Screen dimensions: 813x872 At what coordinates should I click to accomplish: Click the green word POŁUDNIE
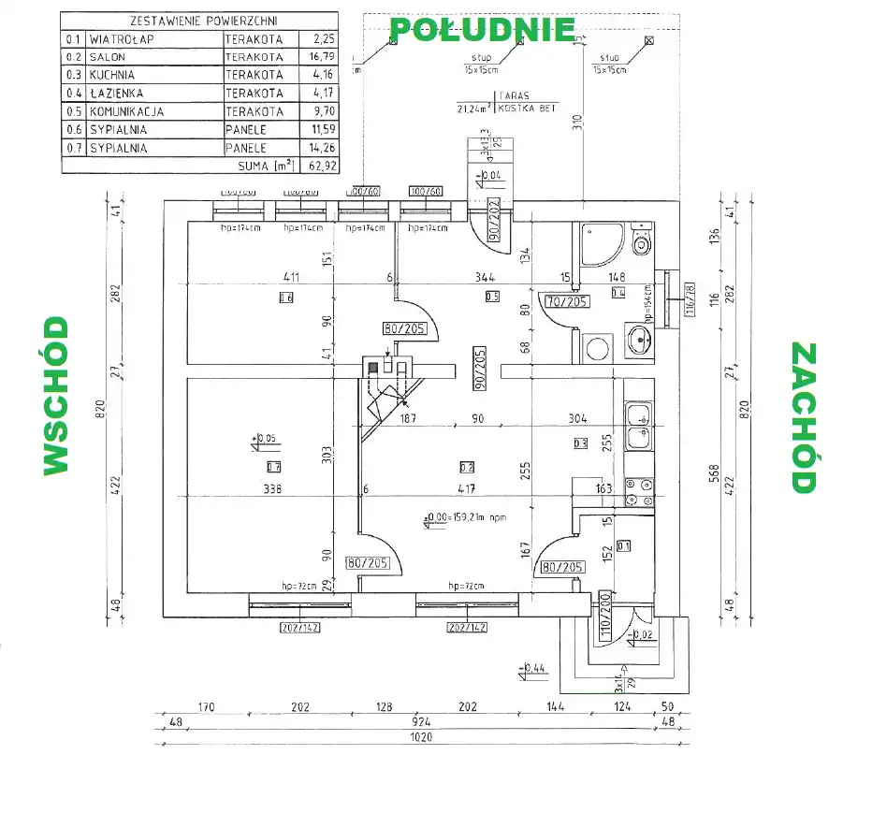[481, 29]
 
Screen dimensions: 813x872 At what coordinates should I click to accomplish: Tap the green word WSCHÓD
[55, 396]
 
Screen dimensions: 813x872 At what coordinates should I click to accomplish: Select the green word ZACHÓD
[804, 417]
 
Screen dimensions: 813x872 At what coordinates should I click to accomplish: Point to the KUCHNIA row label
[113, 75]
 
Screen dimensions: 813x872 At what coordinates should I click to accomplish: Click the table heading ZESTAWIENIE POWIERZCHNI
[198, 21]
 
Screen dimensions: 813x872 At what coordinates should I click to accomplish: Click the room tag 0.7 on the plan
[274, 467]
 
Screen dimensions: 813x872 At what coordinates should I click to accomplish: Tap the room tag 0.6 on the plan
[286, 298]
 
